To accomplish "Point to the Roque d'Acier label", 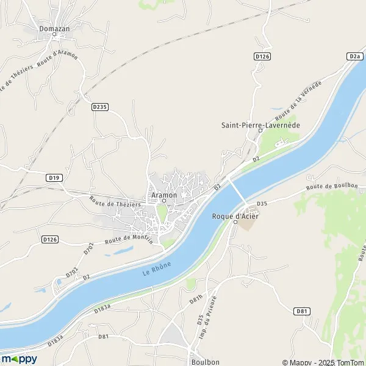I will tap(235, 215).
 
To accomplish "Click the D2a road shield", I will tap(355, 56).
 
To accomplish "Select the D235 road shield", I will tap(100, 107).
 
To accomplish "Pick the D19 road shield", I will tap(54, 178).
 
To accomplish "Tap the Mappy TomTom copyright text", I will tap(323, 362).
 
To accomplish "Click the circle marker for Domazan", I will tap(54, 35).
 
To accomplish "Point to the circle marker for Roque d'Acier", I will tap(236, 223).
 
